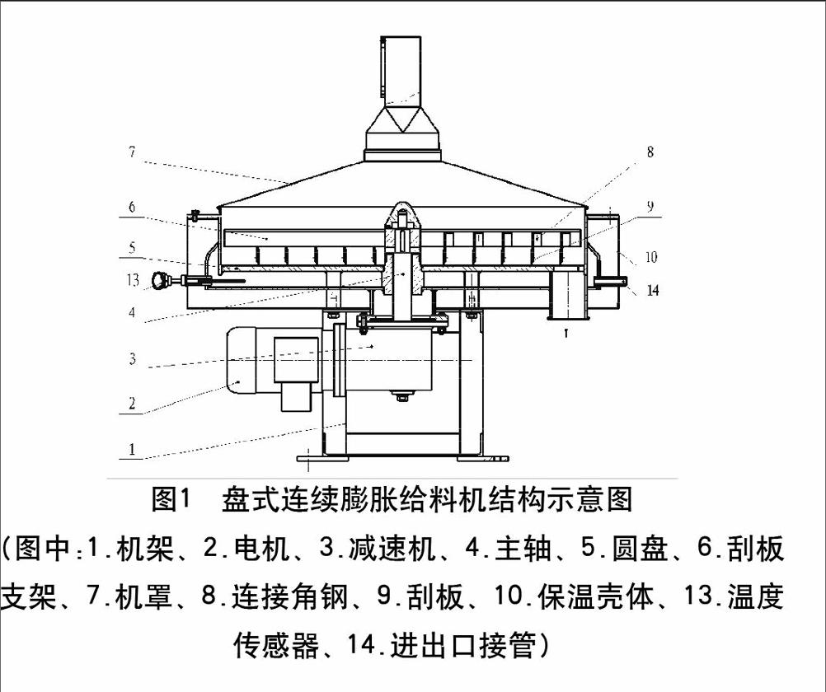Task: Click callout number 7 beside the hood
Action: tap(132, 152)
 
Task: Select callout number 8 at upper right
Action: tap(650, 152)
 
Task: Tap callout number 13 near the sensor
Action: tap(133, 280)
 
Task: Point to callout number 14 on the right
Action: tap(652, 291)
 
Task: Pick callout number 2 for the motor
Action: tap(131, 403)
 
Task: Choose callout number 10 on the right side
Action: tap(651, 257)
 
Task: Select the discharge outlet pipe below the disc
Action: tap(566, 298)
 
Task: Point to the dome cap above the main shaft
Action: tap(402, 213)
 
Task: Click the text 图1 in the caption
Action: tap(171, 499)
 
